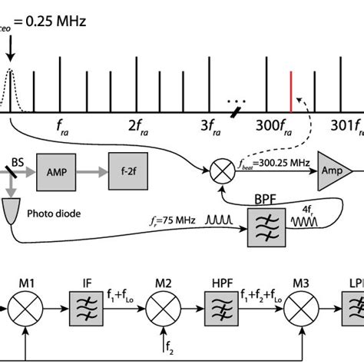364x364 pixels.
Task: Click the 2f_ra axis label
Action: coord(138,122)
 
